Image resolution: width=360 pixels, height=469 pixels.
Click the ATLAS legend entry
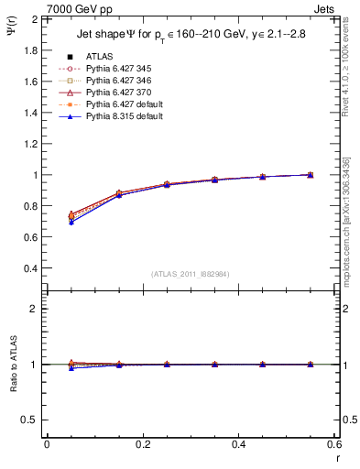tap(99, 56)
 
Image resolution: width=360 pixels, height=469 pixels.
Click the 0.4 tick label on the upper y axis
tap(30, 268)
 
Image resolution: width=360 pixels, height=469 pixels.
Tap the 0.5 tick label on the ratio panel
tap(30, 420)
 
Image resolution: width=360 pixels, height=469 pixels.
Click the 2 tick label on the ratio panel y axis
tap(34, 309)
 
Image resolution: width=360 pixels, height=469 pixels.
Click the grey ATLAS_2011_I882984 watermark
tap(191, 274)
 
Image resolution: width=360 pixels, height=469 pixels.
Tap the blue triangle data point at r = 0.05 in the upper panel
tap(71, 223)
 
